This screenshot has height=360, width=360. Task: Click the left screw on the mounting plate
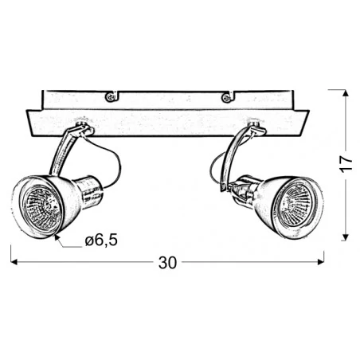112,97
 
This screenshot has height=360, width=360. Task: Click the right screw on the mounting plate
227,98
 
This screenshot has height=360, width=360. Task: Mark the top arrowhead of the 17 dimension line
344,93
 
